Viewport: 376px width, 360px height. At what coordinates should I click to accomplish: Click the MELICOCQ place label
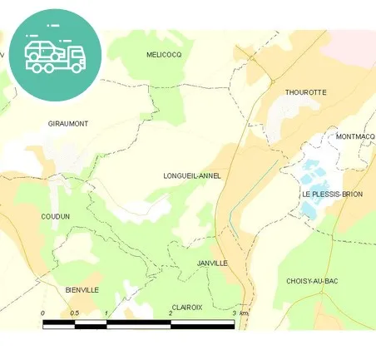click(x=163, y=54)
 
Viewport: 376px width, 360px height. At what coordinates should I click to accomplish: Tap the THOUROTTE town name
click(x=305, y=92)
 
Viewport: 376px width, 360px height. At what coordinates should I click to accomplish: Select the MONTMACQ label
click(x=356, y=136)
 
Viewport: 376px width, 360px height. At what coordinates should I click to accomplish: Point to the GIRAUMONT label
click(x=68, y=124)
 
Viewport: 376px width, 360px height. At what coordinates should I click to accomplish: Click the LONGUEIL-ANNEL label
click(x=193, y=176)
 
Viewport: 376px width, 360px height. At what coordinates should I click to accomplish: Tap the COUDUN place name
click(x=55, y=216)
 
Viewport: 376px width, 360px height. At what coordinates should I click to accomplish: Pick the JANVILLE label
click(x=212, y=263)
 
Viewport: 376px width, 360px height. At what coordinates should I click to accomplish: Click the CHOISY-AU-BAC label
click(x=311, y=282)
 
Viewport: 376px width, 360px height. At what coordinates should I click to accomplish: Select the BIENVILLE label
click(x=82, y=289)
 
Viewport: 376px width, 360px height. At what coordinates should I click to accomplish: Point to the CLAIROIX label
click(x=186, y=307)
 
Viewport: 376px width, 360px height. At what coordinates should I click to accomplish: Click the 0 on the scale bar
click(x=42, y=313)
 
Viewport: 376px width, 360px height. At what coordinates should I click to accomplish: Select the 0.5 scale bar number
click(x=75, y=313)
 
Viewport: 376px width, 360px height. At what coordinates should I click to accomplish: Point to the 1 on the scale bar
click(x=106, y=313)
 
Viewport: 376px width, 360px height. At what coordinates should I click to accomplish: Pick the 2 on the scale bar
click(x=171, y=313)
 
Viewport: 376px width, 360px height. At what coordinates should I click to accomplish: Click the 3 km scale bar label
click(x=240, y=313)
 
